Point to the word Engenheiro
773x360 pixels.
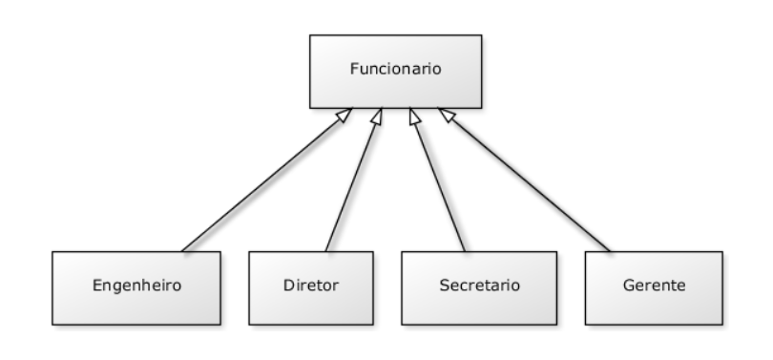tap(136, 286)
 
